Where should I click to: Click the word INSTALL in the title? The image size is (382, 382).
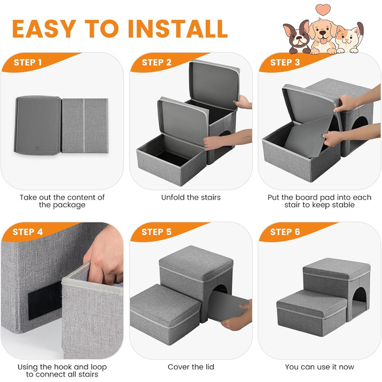tap(177, 29)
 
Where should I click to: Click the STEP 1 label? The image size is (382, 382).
tap(28, 62)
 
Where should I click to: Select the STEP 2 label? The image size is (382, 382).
tap(157, 62)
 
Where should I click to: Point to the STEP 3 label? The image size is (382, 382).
tap(285, 62)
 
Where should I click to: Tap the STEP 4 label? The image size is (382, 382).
tap(28, 232)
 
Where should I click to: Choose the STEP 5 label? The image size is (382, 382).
tap(157, 232)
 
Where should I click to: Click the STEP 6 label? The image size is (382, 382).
tap(285, 232)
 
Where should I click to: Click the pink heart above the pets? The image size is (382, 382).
tap(323, 9)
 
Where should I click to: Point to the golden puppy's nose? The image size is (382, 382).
tap(323, 33)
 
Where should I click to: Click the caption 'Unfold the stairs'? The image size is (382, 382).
tap(191, 198)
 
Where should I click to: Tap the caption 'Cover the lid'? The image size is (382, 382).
tap(191, 367)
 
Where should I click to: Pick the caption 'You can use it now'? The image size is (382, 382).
tap(319, 367)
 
